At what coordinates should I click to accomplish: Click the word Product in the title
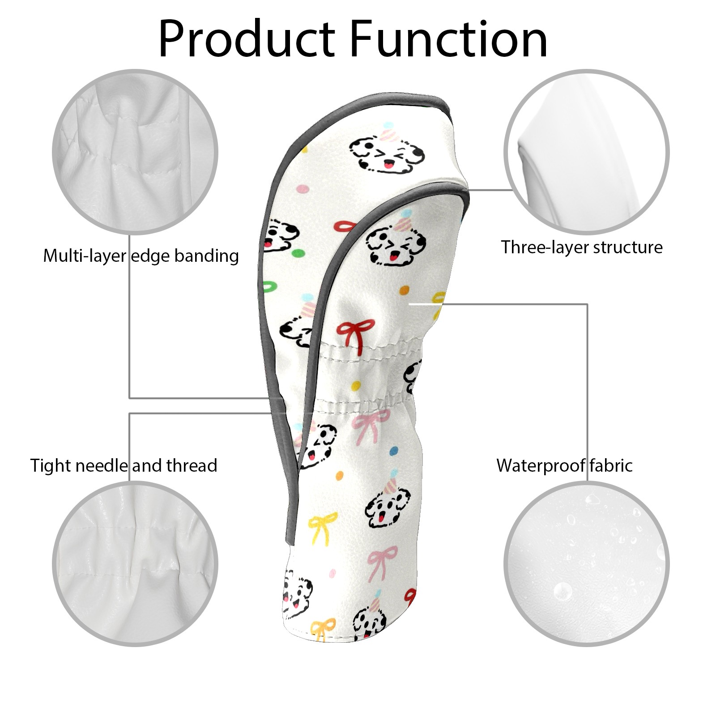247,39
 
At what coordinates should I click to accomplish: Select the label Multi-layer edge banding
141,256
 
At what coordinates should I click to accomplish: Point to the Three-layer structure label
581,247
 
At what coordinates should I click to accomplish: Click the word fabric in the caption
611,466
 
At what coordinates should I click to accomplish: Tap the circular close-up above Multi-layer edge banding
135,151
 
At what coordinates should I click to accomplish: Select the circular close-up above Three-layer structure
586,151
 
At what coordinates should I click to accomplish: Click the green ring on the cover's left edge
269,287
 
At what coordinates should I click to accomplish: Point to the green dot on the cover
296,254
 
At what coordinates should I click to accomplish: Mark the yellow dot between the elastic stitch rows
356,385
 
